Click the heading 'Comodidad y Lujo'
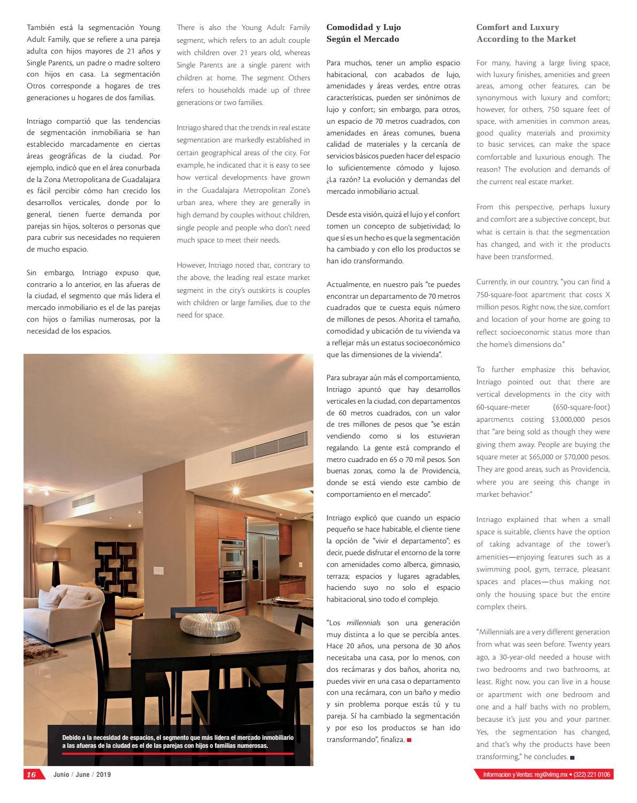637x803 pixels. tap(363, 27)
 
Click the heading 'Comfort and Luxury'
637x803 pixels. tap(517, 27)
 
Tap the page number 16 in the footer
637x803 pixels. tap(31, 775)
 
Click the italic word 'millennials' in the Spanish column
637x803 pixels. tap(363, 623)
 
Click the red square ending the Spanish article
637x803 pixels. tap(409, 740)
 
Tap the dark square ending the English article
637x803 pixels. tap(572, 757)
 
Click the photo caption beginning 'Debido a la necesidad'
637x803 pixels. tap(178, 741)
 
